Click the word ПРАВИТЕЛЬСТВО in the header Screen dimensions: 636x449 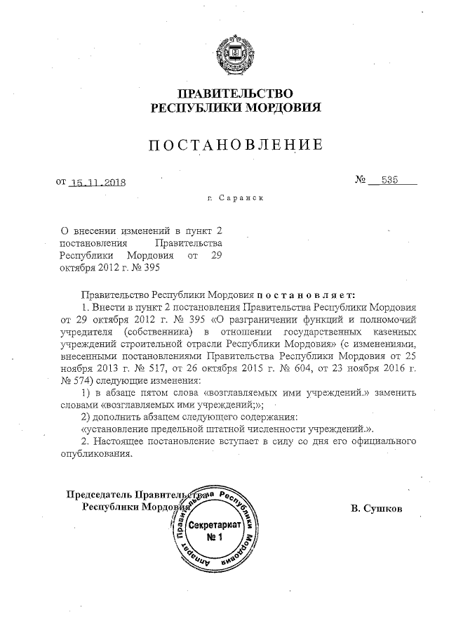[x=235, y=93]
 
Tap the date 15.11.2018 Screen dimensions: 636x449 [x=98, y=183]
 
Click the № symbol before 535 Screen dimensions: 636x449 [x=362, y=181]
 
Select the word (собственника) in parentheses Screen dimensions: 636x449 [x=158, y=332]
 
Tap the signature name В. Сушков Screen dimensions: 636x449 [x=377, y=507]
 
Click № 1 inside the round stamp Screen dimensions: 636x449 [x=214, y=538]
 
